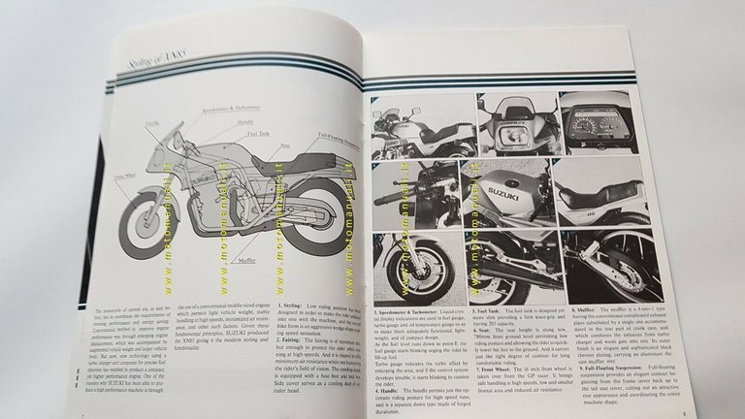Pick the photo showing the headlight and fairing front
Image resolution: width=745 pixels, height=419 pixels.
click(514, 121)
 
